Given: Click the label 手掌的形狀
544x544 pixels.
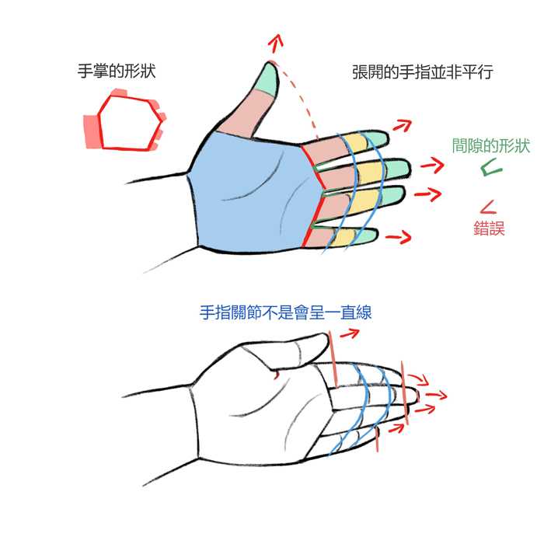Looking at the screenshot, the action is coord(117,71).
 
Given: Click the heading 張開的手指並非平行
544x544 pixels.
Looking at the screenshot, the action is coord(423,72).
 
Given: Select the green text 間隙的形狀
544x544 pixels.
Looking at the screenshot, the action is coord(491,146).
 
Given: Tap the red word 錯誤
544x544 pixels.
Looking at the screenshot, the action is coord(489,228).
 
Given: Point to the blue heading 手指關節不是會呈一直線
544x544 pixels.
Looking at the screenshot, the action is coord(285,312).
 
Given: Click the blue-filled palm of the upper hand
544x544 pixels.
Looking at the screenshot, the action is coord(249,194).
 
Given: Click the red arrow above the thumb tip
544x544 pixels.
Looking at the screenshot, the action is coord(275,43).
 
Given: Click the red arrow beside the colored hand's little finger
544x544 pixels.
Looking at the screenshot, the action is coord(399,237).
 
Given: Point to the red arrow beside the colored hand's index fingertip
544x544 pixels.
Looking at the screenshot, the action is coord(403,125).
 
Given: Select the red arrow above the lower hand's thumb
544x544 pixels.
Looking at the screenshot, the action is coord(350,333).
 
